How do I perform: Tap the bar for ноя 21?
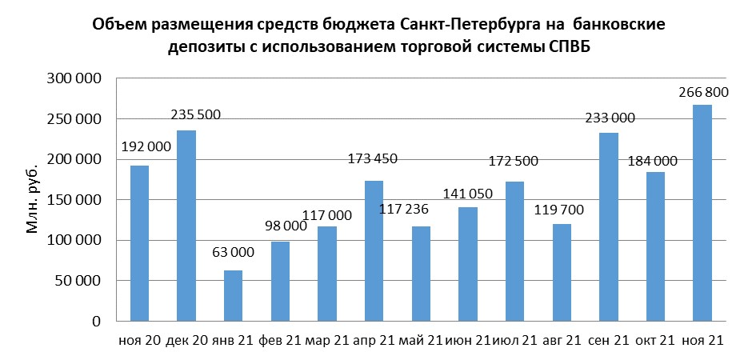click(702, 213)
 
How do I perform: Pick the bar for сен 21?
click(608, 226)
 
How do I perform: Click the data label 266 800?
click(702, 94)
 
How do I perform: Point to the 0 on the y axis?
click(95, 322)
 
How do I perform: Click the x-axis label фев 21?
click(279, 341)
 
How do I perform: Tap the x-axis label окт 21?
click(655, 341)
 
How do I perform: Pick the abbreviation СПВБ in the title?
click(574, 48)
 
